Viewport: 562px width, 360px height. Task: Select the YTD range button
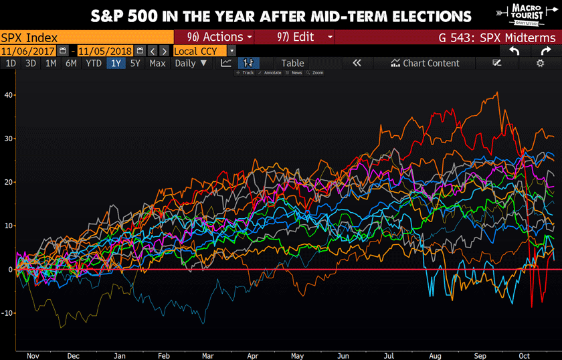point(94,64)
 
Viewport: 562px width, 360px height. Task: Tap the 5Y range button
point(135,64)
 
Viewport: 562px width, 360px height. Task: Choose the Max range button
point(157,64)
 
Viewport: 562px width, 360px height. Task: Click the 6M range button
point(71,64)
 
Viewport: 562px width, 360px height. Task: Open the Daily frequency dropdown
point(191,64)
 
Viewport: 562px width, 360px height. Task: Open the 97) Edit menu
point(294,37)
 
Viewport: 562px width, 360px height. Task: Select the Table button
point(292,64)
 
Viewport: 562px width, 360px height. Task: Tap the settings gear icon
point(540,64)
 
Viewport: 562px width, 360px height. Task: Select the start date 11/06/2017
point(28,51)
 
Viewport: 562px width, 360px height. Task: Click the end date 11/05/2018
point(105,51)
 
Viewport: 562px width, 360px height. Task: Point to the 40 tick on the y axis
point(8,95)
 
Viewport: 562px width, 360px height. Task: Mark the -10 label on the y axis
point(8,313)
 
